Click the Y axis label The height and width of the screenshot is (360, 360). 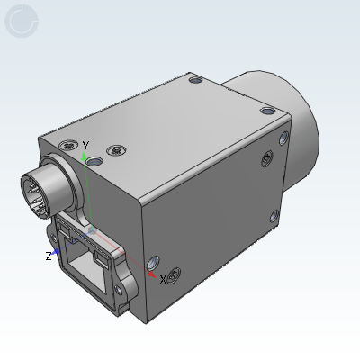click(x=86, y=145)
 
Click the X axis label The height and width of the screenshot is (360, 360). click(x=163, y=279)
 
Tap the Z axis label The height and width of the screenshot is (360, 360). click(x=49, y=256)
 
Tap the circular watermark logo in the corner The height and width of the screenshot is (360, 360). click(x=22, y=21)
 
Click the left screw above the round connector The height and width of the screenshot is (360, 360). click(x=66, y=145)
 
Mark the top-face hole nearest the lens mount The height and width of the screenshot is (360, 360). click(x=266, y=112)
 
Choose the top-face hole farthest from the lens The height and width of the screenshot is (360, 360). click(x=196, y=80)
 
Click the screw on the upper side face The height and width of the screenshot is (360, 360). click(x=265, y=158)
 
